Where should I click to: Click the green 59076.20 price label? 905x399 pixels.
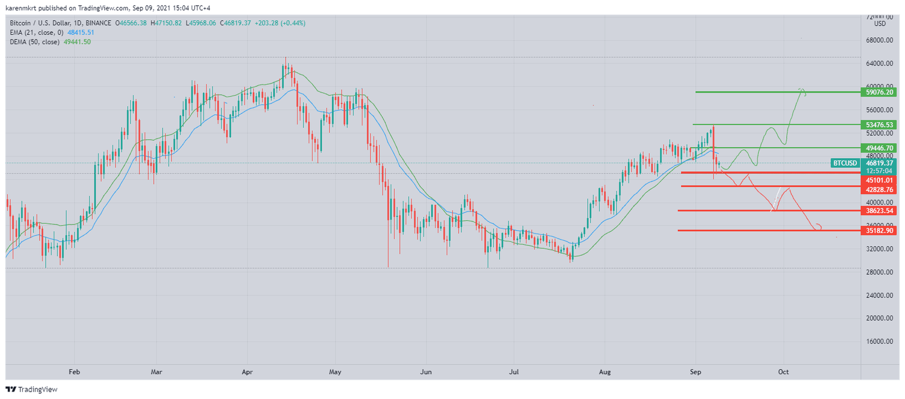pos(880,92)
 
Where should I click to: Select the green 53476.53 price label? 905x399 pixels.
pos(880,125)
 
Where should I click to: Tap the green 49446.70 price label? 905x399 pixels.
pos(880,148)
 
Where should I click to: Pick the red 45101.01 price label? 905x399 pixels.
pos(880,180)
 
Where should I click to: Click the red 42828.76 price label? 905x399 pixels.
pos(880,190)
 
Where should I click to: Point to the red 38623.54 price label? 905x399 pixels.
pos(880,211)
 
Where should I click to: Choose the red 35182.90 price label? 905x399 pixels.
pos(880,231)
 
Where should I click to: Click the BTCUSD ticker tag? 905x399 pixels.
pos(845,163)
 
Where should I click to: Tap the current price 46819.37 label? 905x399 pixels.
pos(880,163)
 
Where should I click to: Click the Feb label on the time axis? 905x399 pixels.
pos(74,372)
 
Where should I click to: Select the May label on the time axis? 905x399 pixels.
pos(335,372)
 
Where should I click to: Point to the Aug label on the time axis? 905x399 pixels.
pos(605,372)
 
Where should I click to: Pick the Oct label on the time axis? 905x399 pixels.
pos(783,372)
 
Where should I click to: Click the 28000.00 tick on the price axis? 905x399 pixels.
pos(880,272)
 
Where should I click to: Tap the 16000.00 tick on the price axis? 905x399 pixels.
pos(880,341)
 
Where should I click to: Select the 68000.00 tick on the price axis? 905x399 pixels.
pos(880,40)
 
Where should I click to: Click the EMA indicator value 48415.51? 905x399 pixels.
pos(81,33)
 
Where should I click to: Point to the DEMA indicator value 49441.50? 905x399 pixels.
pos(77,42)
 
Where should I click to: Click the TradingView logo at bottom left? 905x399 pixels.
pos(32,389)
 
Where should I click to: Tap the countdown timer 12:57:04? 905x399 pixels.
pos(880,171)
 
